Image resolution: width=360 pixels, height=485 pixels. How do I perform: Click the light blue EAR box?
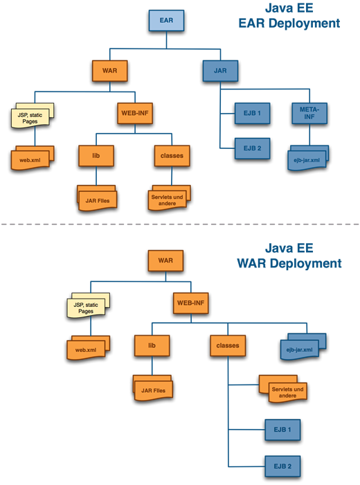point(166,20)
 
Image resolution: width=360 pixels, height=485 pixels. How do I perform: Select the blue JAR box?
point(220,71)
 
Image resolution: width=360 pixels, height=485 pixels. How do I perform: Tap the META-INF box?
point(309,113)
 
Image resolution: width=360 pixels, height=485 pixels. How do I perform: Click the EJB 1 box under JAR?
point(252,113)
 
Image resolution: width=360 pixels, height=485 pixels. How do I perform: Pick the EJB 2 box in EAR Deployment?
point(252,148)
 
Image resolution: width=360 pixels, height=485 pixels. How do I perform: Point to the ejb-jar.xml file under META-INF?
point(308,158)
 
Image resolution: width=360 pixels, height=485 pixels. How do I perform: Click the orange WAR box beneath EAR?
point(109,71)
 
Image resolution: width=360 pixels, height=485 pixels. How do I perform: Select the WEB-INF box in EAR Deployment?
point(135,113)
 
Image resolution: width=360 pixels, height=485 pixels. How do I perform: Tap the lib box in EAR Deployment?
point(96,156)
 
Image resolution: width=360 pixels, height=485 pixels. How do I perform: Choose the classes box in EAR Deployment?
point(172,156)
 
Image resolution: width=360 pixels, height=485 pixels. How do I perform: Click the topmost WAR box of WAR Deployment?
point(165,261)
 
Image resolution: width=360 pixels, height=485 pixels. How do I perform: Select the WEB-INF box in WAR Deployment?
point(190,303)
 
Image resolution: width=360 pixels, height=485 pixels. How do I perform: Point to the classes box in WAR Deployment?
point(228,346)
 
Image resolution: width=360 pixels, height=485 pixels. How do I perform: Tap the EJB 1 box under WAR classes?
point(282,430)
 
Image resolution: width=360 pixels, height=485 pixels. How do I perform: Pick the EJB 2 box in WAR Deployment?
point(282,466)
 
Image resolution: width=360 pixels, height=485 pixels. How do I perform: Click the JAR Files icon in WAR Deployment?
point(153,388)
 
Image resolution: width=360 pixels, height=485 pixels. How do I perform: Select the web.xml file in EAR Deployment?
point(33,158)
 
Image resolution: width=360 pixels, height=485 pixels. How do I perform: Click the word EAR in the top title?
point(253,24)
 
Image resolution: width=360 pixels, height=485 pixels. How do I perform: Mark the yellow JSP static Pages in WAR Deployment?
point(89,306)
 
